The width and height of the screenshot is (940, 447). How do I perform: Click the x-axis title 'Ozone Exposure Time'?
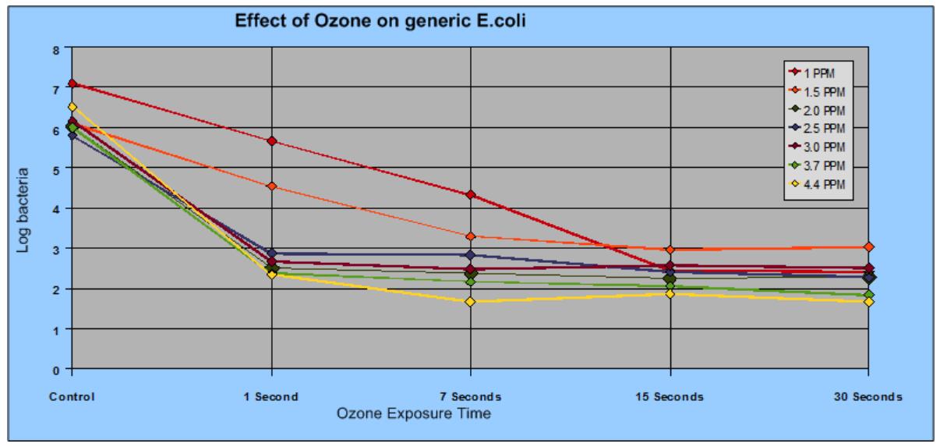click(413, 413)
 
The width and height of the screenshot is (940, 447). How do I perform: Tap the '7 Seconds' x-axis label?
click(471, 396)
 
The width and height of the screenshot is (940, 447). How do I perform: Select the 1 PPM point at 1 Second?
click(271, 141)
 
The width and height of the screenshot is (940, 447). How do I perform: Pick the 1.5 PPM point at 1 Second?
click(271, 186)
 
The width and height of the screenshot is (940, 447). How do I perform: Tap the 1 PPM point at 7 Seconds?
click(471, 195)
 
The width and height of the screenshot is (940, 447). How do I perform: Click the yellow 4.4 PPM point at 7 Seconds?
click(471, 301)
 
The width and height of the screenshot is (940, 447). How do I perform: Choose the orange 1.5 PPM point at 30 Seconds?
click(869, 247)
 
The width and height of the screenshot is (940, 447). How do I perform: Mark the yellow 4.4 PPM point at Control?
click(72, 107)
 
